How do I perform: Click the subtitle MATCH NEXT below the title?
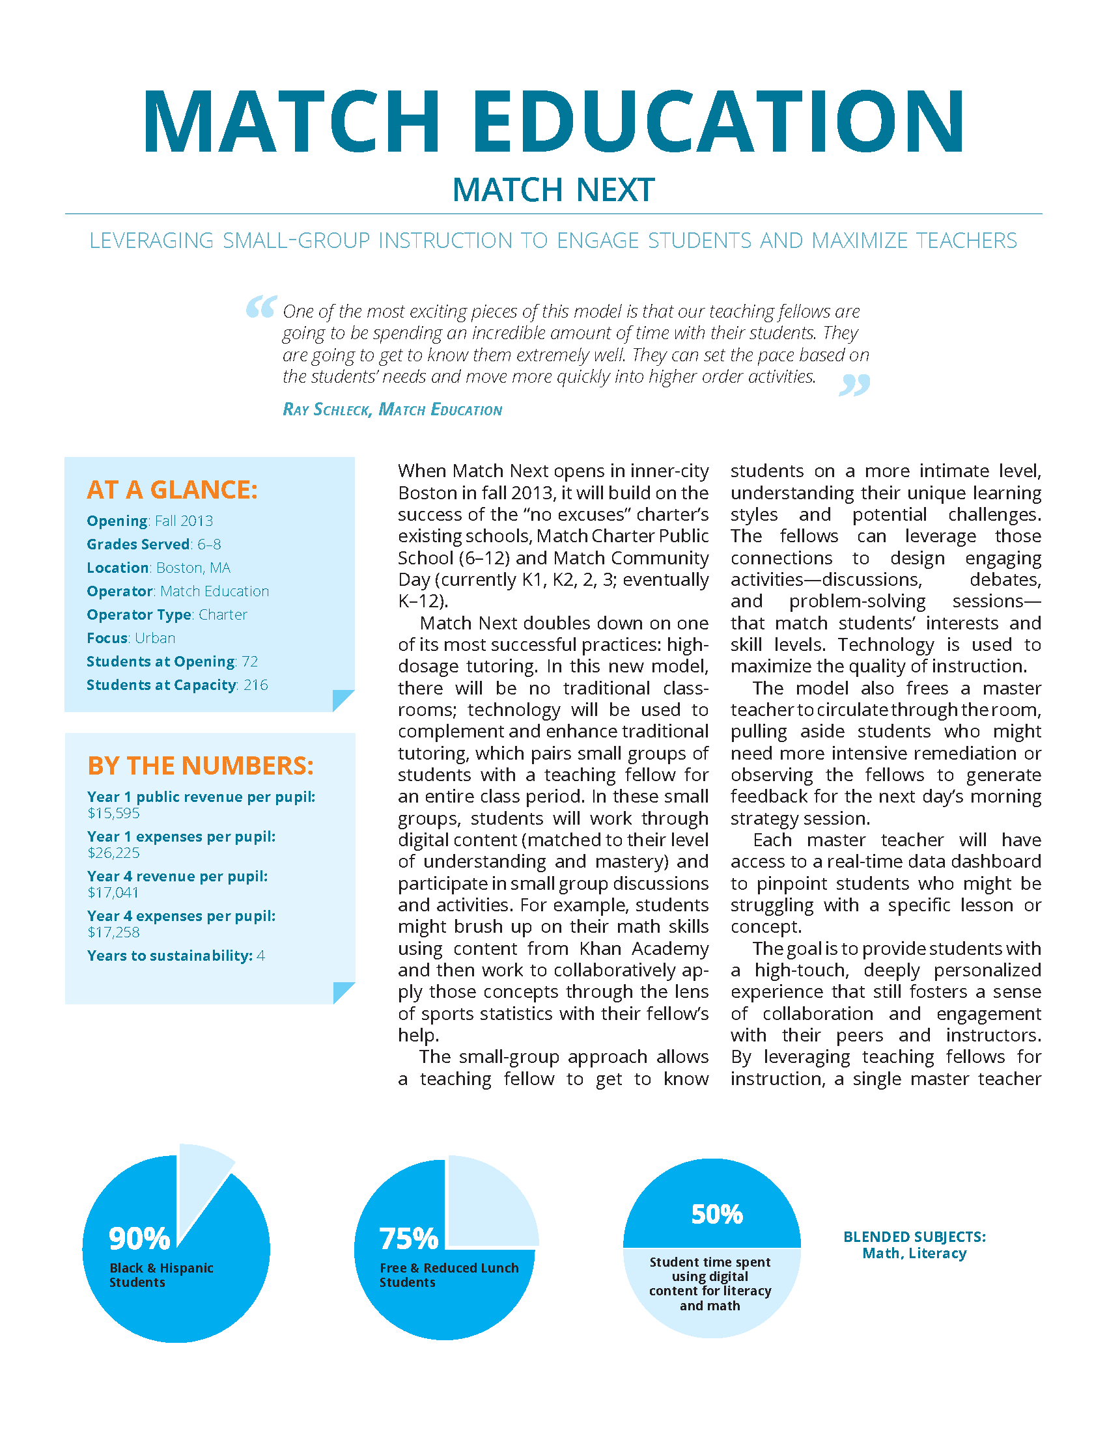click(x=553, y=190)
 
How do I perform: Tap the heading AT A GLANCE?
click(x=172, y=489)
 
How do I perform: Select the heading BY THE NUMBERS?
click(x=201, y=766)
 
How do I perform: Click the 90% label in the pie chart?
click(x=139, y=1239)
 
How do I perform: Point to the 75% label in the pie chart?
click(x=408, y=1239)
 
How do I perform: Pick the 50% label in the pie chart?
click(x=717, y=1215)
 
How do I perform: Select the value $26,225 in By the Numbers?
click(x=113, y=853)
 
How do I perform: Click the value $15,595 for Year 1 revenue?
click(x=113, y=813)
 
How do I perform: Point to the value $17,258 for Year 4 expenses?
click(x=113, y=932)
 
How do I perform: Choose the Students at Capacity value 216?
click(x=256, y=685)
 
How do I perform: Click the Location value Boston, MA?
click(x=193, y=568)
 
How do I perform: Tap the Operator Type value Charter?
click(x=223, y=615)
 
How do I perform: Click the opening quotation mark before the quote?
click(x=261, y=307)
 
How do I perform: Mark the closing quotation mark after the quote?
click(x=854, y=385)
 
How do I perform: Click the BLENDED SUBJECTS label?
click(x=914, y=1237)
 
